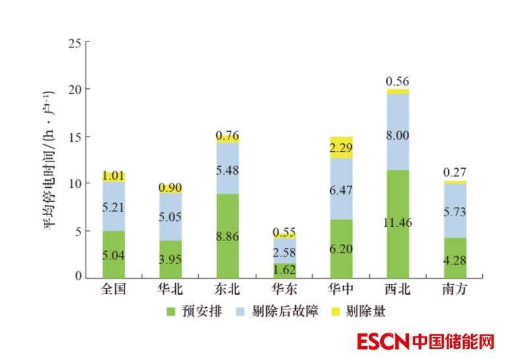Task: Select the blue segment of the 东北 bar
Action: [x=227, y=168]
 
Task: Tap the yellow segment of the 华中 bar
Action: [x=341, y=147]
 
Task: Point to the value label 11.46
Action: [x=397, y=222]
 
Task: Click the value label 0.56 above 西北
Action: [x=397, y=81]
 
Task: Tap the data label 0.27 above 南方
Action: [x=454, y=173]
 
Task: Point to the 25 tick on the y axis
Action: [x=74, y=44]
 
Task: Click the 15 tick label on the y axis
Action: [x=74, y=137]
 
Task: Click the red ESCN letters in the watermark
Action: [x=382, y=342]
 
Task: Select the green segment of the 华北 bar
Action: [x=171, y=259]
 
